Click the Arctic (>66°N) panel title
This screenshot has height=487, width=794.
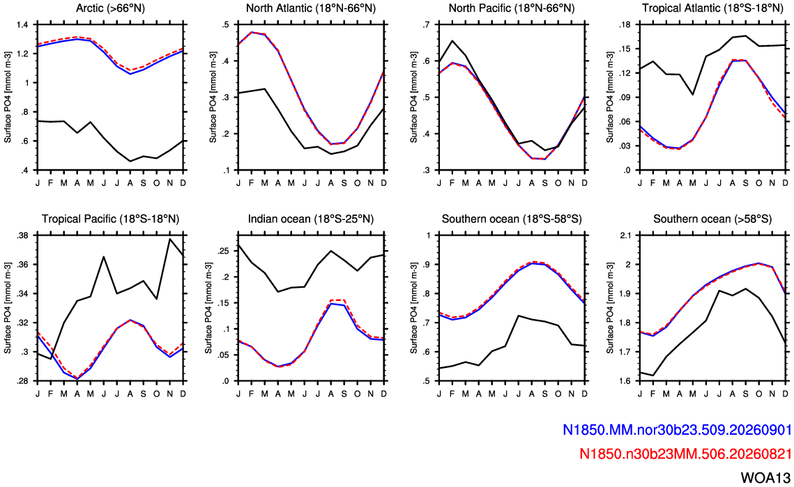click(110, 8)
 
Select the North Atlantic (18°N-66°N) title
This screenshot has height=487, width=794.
click(311, 8)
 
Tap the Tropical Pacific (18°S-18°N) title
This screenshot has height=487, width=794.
click(110, 219)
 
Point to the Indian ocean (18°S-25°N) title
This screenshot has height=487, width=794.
click(311, 219)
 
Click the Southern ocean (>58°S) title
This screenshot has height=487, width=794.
click(712, 219)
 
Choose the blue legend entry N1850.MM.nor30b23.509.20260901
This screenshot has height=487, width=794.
click(677, 430)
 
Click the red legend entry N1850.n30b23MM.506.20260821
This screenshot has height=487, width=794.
click(686, 454)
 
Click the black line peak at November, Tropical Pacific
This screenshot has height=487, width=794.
click(169, 239)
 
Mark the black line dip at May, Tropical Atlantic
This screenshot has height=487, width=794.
click(693, 95)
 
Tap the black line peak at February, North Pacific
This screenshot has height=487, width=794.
click(452, 40)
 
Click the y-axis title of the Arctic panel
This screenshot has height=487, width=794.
click(8, 98)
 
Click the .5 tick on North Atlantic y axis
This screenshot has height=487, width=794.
click(225, 24)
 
